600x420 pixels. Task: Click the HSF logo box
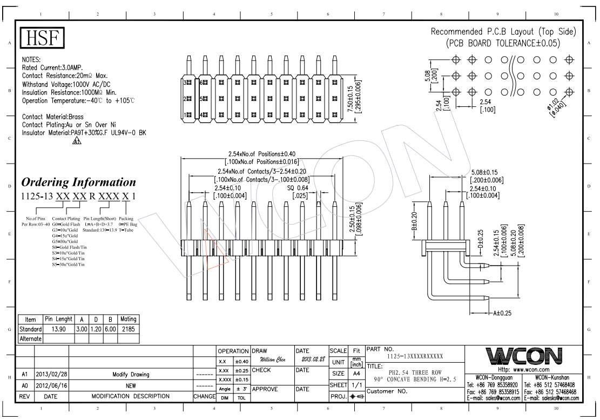(x=43, y=38)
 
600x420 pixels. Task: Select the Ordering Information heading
(x=78, y=182)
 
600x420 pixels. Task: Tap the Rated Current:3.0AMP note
(x=56, y=68)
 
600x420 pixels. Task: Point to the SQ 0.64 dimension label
(x=298, y=188)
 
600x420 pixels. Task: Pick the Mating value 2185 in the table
(x=129, y=329)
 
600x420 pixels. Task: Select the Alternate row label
(x=31, y=338)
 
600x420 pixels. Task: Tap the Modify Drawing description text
(x=131, y=375)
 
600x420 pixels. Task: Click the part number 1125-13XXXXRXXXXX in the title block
(x=415, y=356)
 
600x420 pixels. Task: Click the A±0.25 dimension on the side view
(x=502, y=313)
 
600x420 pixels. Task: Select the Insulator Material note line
(x=84, y=133)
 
